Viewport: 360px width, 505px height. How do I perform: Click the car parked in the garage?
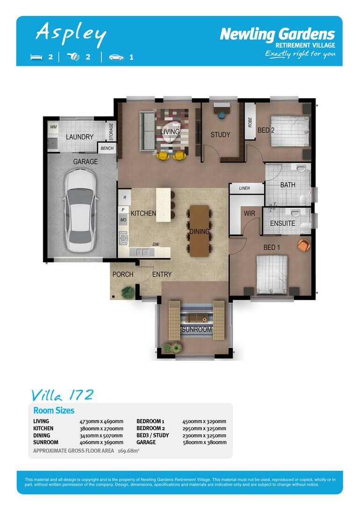tap(80, 211)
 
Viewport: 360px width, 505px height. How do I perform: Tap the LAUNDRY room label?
tap(79, 137)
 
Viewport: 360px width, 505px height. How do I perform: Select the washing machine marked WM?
tap(53, 127)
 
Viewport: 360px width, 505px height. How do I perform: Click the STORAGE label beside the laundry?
tap(111, 132)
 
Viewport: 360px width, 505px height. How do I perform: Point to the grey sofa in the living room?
tap(147, 131)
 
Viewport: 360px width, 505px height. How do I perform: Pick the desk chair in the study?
tap(222, 115)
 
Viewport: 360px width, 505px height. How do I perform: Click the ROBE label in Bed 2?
tap(250, 123)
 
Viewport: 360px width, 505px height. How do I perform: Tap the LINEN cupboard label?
tap(245, 188)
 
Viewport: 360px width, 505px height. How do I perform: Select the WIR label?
tap(250, 213)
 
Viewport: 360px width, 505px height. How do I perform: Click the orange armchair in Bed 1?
tap(303, 245)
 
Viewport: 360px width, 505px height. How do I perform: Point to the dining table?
tap(199, 231)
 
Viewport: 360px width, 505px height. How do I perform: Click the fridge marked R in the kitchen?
tap(125, 197)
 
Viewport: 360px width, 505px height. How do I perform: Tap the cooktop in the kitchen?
tap(123, 238)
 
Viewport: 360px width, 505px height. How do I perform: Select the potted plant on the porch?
tap(128, 292)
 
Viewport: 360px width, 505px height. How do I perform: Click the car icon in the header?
tap(116, 58)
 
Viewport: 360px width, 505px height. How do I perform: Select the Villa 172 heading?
tap(63, 395)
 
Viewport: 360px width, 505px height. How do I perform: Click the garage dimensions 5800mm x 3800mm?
tap(204, 442)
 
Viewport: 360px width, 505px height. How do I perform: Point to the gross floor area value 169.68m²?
tap(129, 451)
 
